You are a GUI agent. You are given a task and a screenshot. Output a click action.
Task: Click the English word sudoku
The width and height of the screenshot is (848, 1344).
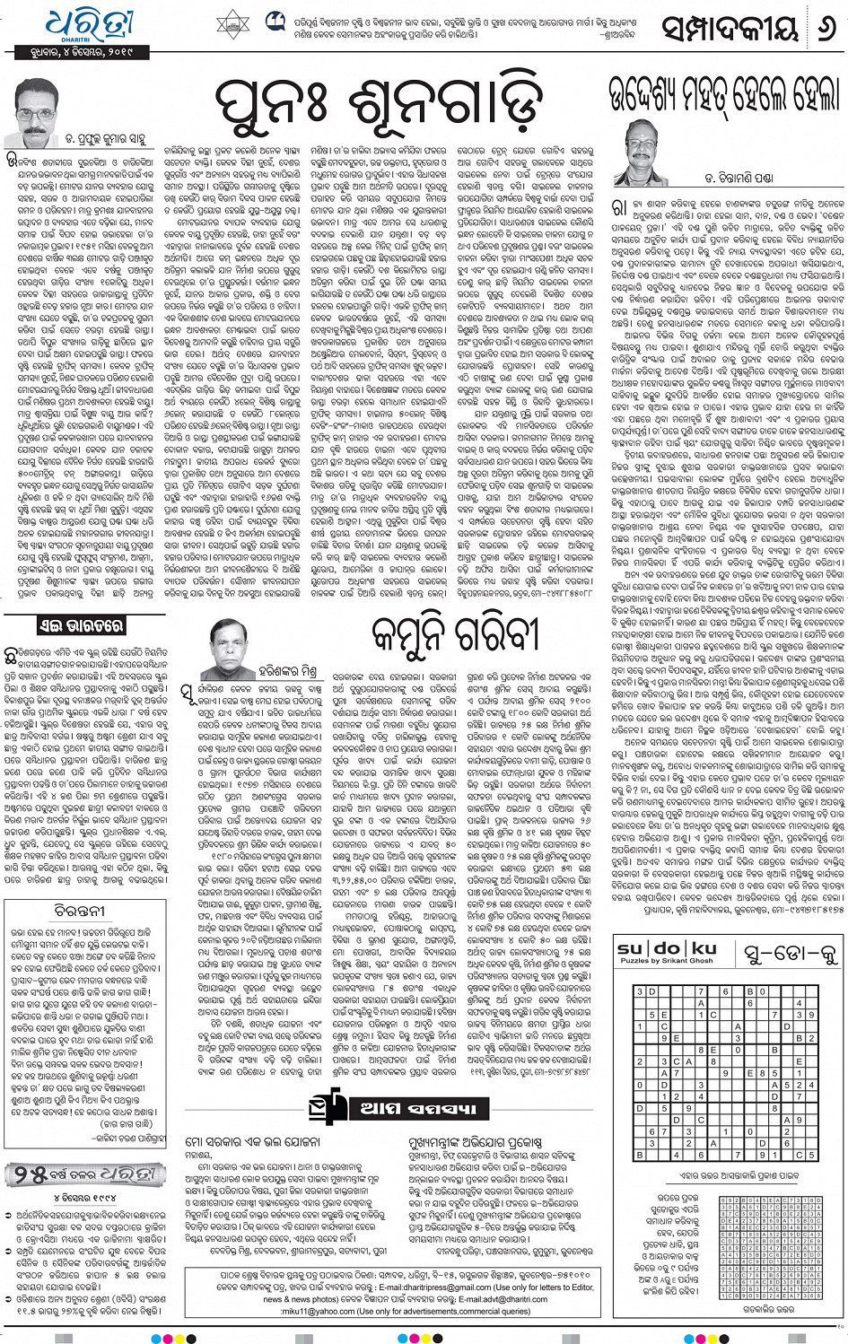coord(667,948)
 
